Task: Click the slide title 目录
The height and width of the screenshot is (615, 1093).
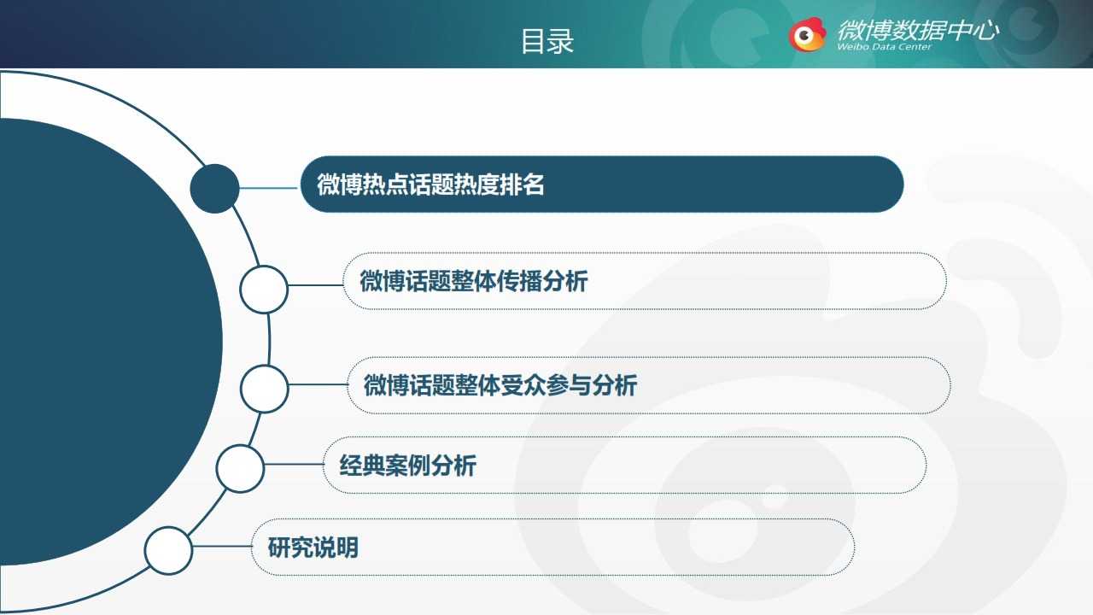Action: coord(547,41)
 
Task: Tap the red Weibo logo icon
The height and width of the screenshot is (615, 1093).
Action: coord(807,34)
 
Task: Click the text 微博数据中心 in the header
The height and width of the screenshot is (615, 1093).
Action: coord(918,30)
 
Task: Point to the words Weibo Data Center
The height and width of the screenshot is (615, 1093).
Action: coord(884,47)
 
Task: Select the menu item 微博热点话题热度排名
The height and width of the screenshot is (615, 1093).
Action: coord(430,184)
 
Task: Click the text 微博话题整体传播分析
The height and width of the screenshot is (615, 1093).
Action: coord(474,281)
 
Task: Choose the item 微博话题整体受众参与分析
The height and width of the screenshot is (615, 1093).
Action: coord(500,385)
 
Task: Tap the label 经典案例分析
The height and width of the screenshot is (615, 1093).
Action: coord(408,466)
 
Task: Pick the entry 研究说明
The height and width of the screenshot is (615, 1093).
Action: coord(313,548)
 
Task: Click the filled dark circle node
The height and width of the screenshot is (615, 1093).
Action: coord(214,189)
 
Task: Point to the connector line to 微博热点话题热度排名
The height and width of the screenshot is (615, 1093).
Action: coord(268,188)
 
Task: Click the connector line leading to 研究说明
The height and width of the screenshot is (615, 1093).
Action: coord(223,546)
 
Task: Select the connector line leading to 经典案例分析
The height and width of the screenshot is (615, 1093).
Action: coord(294,464)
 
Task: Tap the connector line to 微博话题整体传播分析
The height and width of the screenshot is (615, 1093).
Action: coord(316,285)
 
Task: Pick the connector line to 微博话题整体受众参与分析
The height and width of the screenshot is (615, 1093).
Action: coord(319,384)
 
